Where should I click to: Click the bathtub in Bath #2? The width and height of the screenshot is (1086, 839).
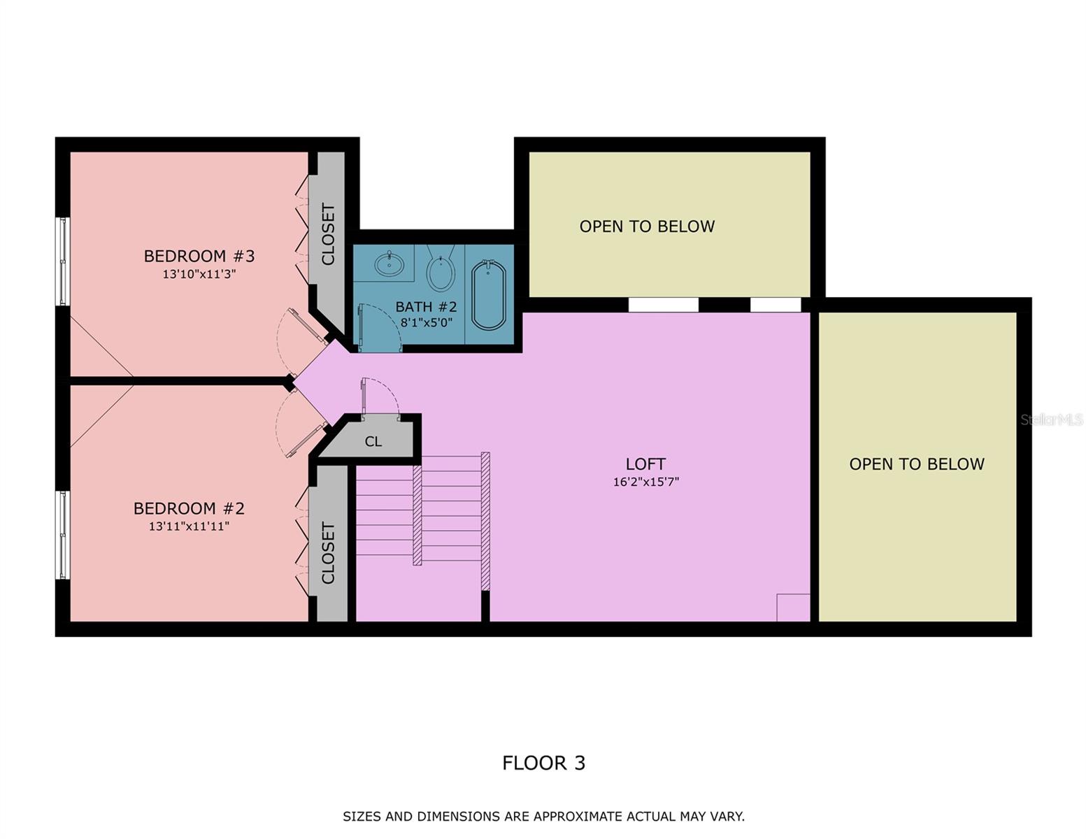(x=488, y=295)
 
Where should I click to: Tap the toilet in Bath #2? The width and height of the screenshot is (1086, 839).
(x=441, y=273)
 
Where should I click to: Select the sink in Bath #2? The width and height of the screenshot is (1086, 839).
(x=388, y=264)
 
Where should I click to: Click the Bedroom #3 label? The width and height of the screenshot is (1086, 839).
(x=199, y=256)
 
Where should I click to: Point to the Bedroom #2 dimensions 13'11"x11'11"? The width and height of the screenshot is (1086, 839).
(x=189, y=526)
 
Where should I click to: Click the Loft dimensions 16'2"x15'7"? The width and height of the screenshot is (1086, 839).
(x=645, y=482)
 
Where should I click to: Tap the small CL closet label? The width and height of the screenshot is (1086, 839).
(x=373, y=442)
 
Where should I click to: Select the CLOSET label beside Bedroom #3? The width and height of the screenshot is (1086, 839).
(x=328, y=234)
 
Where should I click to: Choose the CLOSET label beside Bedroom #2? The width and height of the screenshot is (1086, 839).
(x=328, y=552)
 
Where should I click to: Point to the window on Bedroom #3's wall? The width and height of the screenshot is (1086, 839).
(x=63, y=261)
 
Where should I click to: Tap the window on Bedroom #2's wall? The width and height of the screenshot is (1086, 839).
(x=63, y=535)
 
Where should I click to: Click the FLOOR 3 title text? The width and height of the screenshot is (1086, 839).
(x=543, y=763)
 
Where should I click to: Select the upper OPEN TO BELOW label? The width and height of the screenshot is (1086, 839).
(x=647, y=227)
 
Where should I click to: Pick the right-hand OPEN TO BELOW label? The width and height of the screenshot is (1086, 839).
(x=916, y=464)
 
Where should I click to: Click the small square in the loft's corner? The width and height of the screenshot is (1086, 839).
(x=793, y=608)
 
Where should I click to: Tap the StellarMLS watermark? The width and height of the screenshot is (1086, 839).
(x=1051, y=419)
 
